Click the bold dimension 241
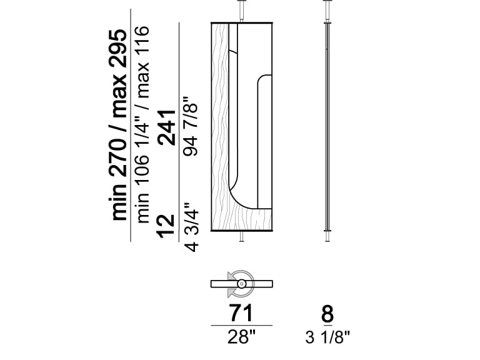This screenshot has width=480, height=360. point(167,127)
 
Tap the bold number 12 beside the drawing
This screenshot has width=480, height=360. point(166,226)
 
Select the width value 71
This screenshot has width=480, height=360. point(241,313)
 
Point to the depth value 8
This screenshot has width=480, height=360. point(327,313)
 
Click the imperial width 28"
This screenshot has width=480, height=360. point(241,337)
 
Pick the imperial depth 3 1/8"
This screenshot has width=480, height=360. point(327,337)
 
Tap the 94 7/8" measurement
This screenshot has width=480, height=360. point(191,127)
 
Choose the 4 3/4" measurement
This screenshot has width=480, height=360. point(191,227)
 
